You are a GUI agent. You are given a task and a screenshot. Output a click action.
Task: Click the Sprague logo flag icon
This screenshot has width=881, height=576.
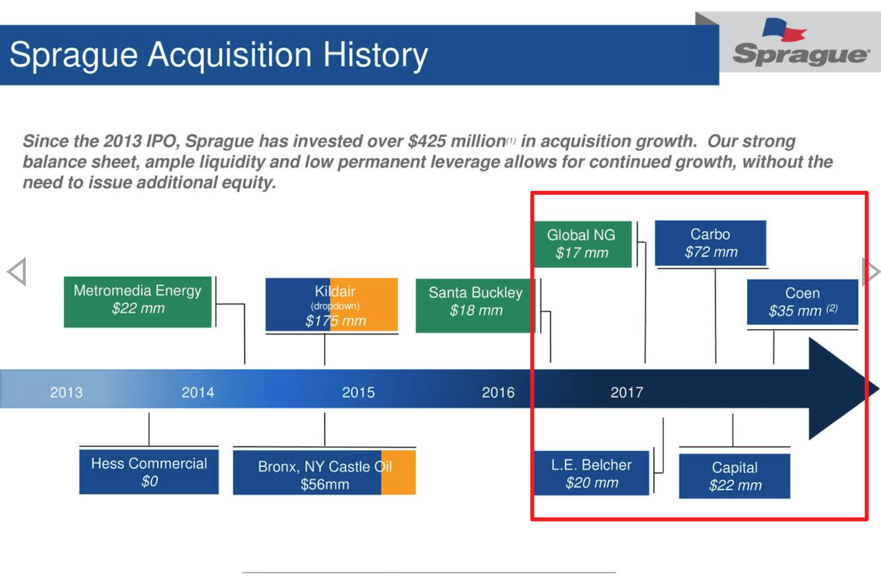click(x=783, y=30)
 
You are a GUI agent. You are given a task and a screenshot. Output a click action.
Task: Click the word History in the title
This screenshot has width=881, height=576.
click(x=375, y=55)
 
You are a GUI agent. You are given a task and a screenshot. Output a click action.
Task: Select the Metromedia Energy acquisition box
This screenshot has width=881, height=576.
click(x=137, y=301)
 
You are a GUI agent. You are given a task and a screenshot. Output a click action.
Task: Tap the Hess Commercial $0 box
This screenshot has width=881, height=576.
click(x=149, y=472)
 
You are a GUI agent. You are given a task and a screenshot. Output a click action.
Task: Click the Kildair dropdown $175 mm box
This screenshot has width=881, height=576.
click(x=332, y=305)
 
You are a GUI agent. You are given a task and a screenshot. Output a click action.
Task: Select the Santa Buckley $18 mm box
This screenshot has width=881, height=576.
click(x=475, y=305)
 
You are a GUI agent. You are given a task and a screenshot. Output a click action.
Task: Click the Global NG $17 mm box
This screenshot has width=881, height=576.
click(x=581, y=244)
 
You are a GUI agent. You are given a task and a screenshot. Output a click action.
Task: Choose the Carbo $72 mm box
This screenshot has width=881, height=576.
click(x=710, y=243)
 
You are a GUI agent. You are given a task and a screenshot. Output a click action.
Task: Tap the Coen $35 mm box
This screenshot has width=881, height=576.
click(x=802, y=302)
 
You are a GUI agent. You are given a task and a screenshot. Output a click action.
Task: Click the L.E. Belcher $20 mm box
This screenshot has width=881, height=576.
click(x=591, y=473)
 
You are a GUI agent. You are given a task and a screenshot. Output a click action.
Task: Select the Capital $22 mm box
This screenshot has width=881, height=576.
click(x=734, y=476)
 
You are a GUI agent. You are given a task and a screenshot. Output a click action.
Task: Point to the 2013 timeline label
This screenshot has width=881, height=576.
click(x=66, y=392)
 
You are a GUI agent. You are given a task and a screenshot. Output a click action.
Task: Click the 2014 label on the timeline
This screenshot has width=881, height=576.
click(x=198, y=392)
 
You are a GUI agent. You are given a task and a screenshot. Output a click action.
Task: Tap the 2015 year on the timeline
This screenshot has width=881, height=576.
click(x=358, y=392)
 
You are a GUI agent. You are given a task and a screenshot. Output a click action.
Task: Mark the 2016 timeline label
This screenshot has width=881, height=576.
click(x=498, y=392)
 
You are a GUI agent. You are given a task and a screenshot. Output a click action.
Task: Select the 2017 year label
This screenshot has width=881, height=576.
click(x=627, y=392)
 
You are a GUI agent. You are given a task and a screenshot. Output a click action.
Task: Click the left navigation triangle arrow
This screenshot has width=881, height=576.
click(x=17, y=272)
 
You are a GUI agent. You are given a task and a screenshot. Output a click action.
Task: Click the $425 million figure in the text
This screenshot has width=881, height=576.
click(x=457, y=141)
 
